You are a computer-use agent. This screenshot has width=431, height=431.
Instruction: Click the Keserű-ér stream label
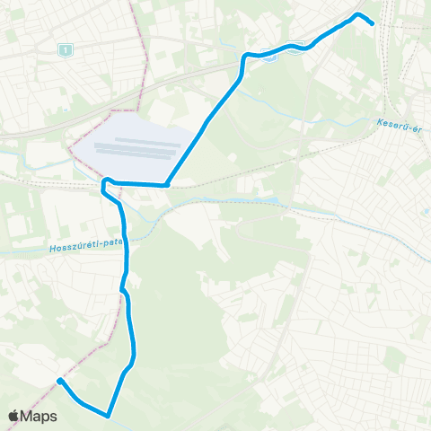coord(400,124)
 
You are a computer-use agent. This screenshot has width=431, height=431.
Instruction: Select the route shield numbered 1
coord(63,50)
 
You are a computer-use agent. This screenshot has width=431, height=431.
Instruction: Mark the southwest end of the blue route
coord(59,381)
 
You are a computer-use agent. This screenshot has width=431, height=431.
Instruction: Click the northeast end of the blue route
coord(372,24)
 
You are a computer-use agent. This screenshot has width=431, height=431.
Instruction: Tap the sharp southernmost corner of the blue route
coord(108,415)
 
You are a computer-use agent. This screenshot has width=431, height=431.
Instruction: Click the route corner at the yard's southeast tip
coord(167,185)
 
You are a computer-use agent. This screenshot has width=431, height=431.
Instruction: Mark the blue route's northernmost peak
coord(358,14)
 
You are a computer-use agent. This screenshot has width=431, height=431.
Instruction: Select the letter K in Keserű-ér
coord(381,124)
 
